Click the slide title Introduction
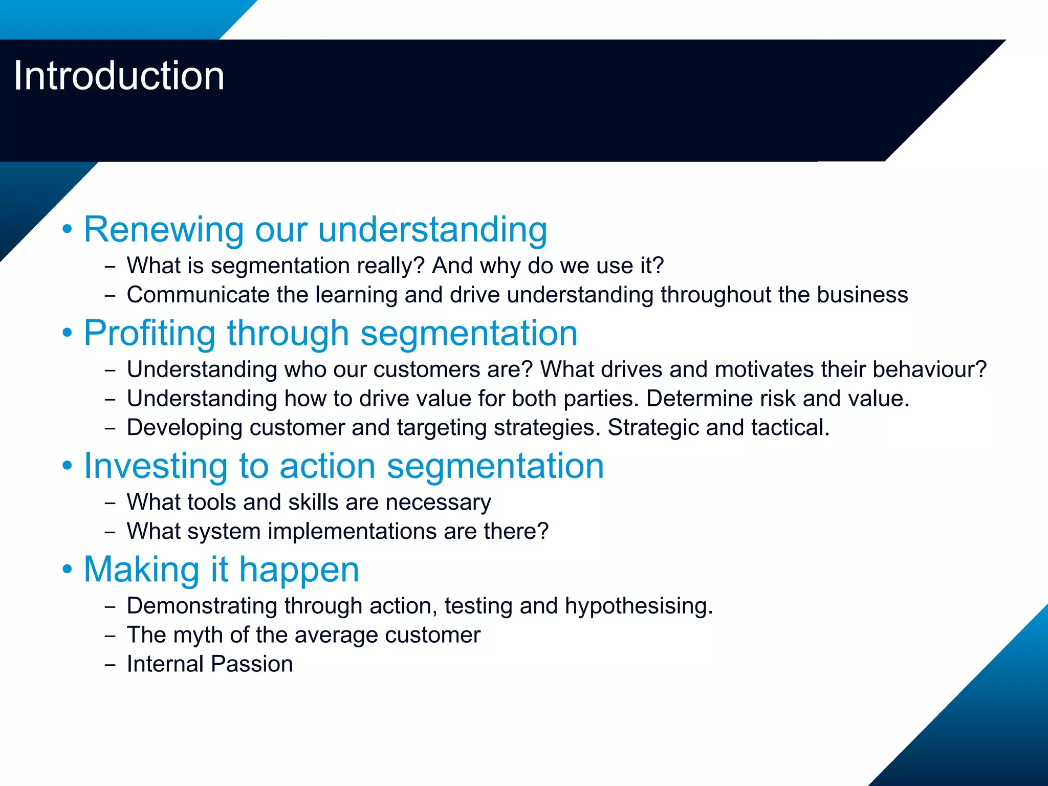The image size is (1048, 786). tap(119, 76)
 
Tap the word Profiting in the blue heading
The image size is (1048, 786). tap(149, 334)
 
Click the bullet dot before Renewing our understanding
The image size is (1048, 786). tap(68, 229)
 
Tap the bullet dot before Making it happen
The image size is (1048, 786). tap(68, 569)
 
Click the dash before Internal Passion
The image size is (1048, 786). tap(110, 665)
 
